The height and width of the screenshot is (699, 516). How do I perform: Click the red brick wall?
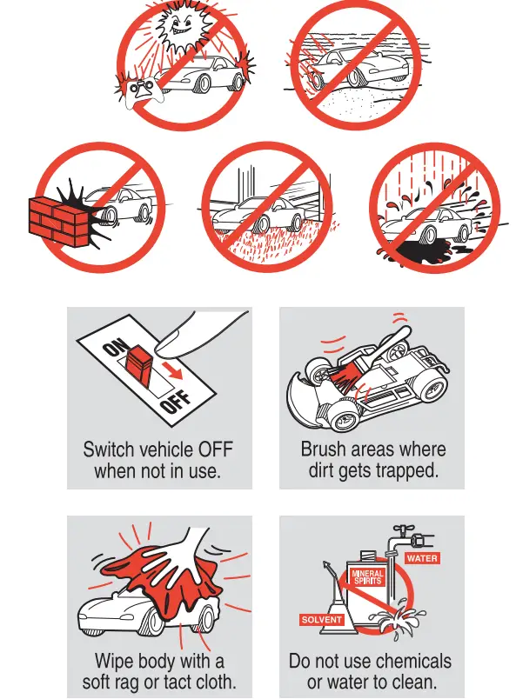pos(58,221)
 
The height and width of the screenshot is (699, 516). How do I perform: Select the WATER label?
pos(422,558)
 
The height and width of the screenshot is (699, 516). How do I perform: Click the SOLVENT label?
pos(321,620)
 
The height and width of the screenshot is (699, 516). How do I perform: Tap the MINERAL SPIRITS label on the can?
pos(368,577)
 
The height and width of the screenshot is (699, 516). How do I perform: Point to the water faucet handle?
pos(404,529)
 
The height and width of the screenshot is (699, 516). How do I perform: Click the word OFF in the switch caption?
pos(216,449)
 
